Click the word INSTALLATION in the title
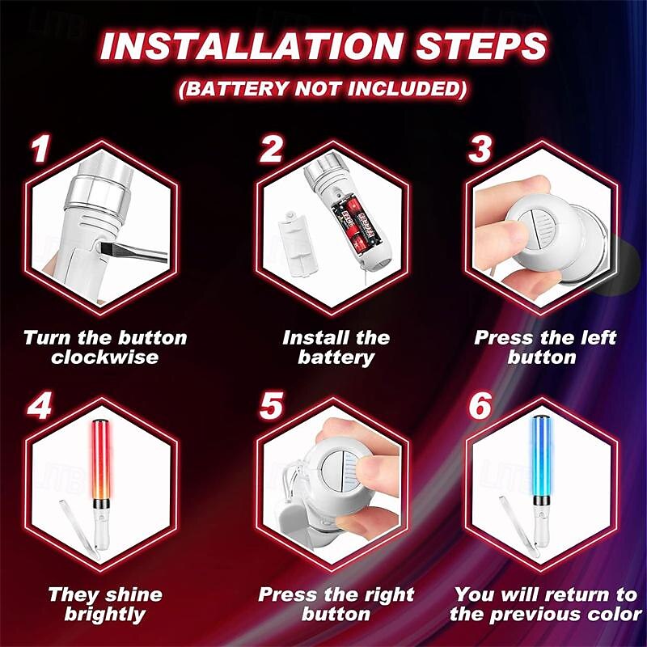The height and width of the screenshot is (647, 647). point(252,45)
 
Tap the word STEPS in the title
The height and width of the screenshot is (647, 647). point(481,45)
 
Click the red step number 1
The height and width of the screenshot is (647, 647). point(40,148)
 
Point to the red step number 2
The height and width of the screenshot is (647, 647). point(271,148)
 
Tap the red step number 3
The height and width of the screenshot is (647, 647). point(480,148)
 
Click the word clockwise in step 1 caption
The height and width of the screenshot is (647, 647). point(105,357)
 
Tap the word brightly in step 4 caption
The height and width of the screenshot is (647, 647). point(105,615)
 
